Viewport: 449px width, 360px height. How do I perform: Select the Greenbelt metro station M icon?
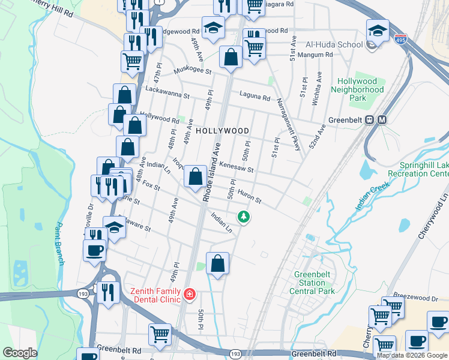coord(382,119)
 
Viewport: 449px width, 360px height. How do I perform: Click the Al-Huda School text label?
coord(334,44)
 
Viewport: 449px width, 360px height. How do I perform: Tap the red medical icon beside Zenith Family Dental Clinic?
coord(190,294)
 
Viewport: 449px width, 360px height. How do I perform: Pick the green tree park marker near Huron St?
coord(243,217)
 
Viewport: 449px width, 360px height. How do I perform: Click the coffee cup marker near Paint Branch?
coord(95,250)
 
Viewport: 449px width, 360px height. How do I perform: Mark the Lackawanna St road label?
coord(167,92)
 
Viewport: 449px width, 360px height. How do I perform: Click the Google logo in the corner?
coord(20,353)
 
